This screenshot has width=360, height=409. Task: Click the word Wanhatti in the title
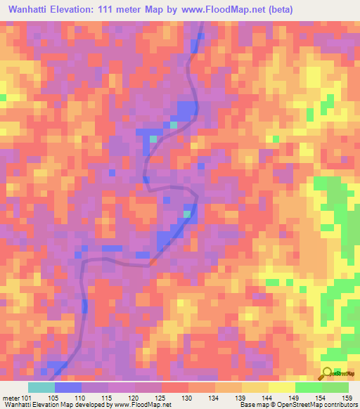[x=32, y=9]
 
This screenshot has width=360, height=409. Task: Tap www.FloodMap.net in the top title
[x=222, y=9]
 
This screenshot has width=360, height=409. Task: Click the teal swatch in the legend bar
[x=41, y=387]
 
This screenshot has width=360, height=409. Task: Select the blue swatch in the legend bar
[x=68, y=387]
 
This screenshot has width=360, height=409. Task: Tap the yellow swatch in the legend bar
[x=282, y=387]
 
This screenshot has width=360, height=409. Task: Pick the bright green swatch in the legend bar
[x=309, y=387]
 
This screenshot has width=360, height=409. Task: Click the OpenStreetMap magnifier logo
[x=328, y=374]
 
